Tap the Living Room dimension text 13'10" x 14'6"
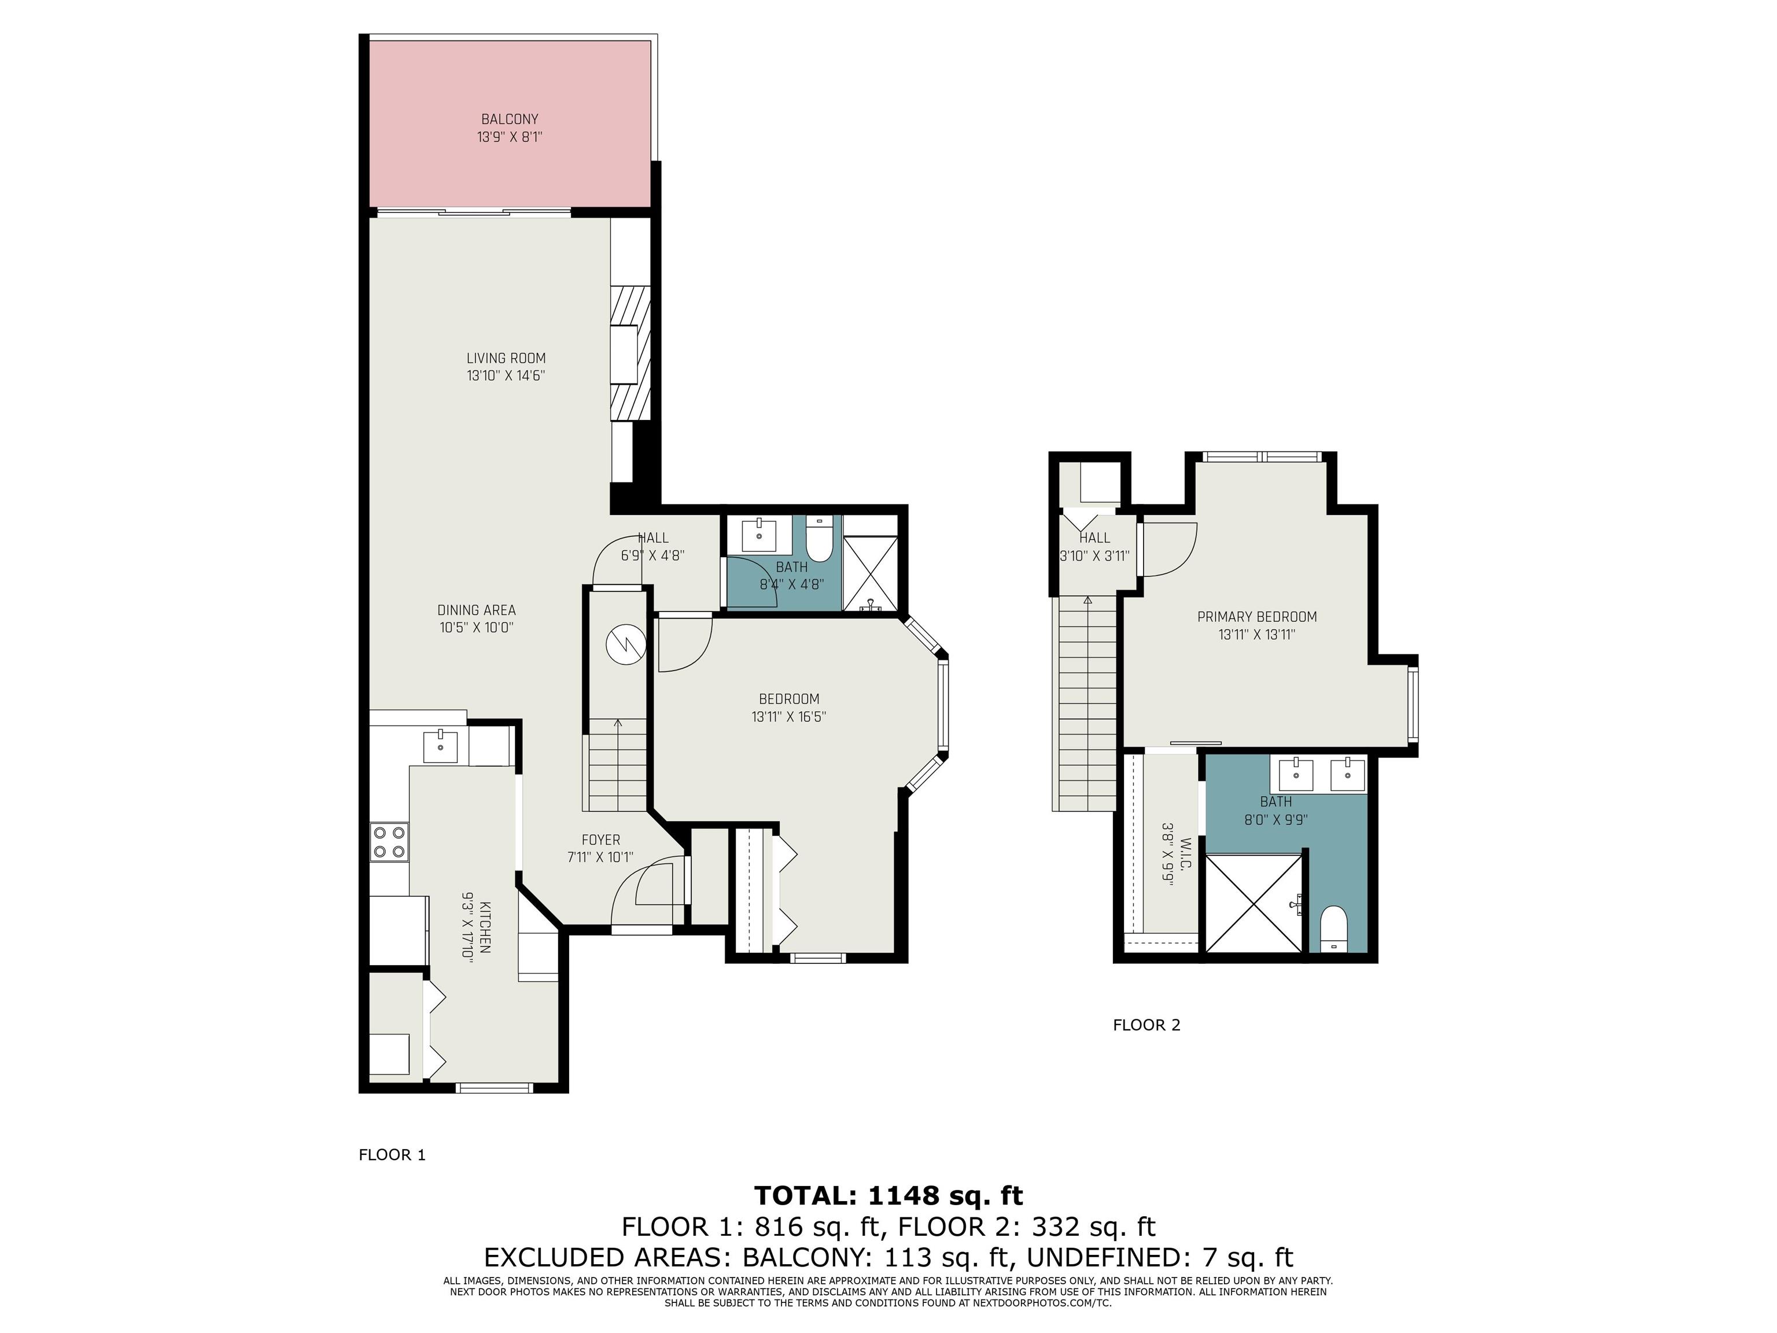[x=506, y=375]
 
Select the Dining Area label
[x=477, y=610]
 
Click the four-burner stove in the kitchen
[x=390, y=842]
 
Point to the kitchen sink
[x=440, y=748]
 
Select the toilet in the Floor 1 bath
[x=820, y=539]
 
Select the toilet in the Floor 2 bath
[x=1333, y=930]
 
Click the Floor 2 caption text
[x=1146, y=1025]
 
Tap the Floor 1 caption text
[x=392, y=1155]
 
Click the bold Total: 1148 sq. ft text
[x=888, y=1196]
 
